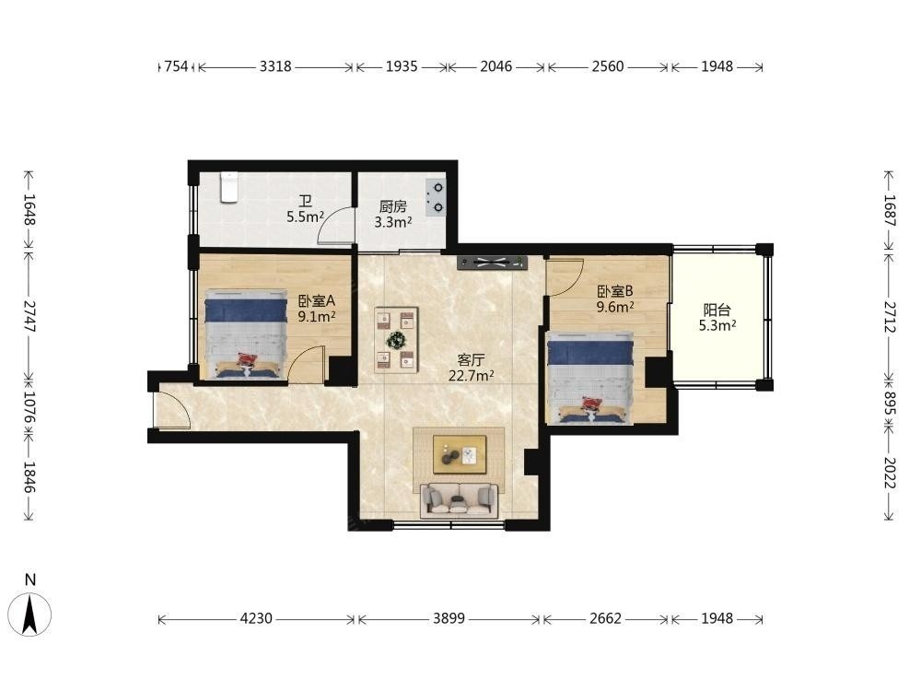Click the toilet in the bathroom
point(229,187)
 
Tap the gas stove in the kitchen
point(436,197)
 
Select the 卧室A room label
point(316,301)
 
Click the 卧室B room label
point(615,291)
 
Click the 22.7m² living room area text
point(471,376)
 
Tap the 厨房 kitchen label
point(393,206)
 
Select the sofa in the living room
point(460,500)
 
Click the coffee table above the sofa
point(460,454)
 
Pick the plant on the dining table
point(396,339)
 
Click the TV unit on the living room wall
point(492,263)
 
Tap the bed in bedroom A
point(246,334)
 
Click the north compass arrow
point(30,614)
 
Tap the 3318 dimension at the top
point(275,66)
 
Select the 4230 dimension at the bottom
point(257,618)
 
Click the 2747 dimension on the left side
point(29,316)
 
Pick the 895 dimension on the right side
point(889,404)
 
